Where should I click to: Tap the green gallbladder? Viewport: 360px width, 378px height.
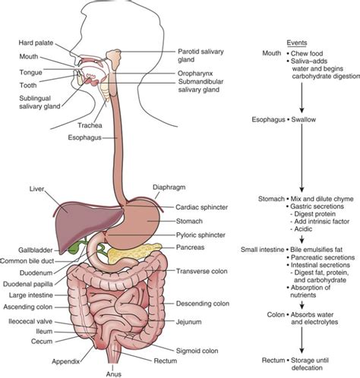click(x=74, y=249)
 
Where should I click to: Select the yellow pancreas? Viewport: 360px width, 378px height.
click(x=131, y=253)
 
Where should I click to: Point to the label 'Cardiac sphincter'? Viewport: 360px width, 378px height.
click(x=201, y=207)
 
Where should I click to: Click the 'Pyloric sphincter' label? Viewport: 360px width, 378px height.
click(x=201, y=235)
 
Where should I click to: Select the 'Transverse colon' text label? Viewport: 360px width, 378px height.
click(x=202, y=271)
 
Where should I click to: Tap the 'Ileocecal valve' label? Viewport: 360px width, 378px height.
click(x=30, y=322)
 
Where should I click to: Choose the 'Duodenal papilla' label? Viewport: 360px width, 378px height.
click(x=28, y=284)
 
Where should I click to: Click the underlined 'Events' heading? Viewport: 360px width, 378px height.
click(x=297, y=43)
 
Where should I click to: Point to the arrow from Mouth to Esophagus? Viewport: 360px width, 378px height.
click(x=302, y=98)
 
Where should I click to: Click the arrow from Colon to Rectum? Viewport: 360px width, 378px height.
click(x=302, y=340)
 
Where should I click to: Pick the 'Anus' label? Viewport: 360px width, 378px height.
click(x=114, y=373)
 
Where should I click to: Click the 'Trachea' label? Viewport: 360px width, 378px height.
click(x=90, y=125)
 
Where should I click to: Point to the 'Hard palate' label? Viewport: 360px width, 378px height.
click(x=36, y=43)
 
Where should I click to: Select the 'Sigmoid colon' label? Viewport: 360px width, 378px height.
click(x=197, y=351)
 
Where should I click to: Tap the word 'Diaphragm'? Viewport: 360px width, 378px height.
click(x=169, y=187)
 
